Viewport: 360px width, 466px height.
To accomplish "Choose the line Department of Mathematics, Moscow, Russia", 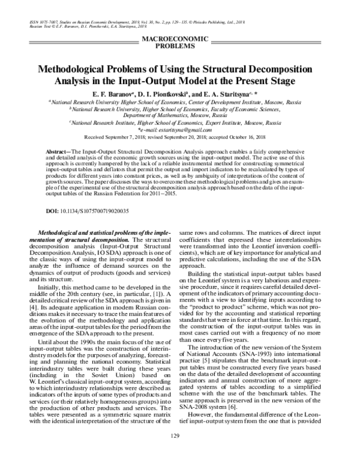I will click(180, 115).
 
